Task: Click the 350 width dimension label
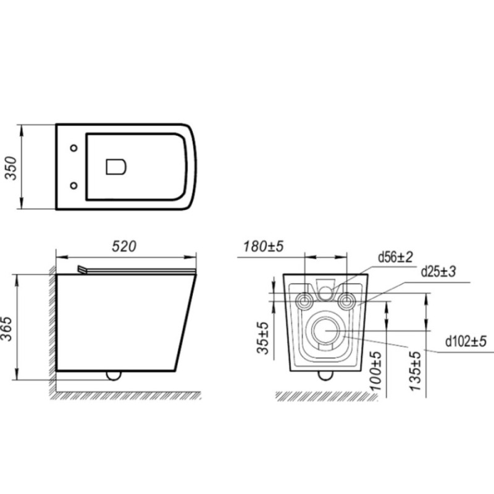11,168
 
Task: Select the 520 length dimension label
124,246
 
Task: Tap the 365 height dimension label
7,329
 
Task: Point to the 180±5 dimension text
264,246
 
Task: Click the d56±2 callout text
395,257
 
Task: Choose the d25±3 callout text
438,272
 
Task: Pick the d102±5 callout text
466,341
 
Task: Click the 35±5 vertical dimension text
264,338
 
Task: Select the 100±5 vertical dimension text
376,371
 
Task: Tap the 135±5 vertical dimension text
416,371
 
